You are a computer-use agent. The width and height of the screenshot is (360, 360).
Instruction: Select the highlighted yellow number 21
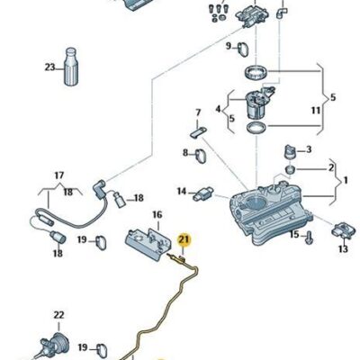point(184,238)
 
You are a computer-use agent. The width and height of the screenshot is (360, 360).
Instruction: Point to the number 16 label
point(157,215)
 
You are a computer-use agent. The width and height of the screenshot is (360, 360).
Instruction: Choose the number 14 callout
point(181,191)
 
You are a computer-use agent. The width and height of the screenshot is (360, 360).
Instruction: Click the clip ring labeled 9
point(247,47)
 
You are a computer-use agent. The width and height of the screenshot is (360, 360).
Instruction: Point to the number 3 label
point(309,148)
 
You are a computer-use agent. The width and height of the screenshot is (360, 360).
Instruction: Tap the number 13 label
point(343,249)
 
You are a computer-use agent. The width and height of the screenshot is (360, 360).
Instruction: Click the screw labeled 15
point(308,237)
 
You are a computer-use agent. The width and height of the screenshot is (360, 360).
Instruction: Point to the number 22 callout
point(58,315)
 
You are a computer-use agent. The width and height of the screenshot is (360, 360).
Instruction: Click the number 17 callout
point(59,175)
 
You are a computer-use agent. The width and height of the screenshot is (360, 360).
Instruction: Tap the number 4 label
point(216,111)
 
